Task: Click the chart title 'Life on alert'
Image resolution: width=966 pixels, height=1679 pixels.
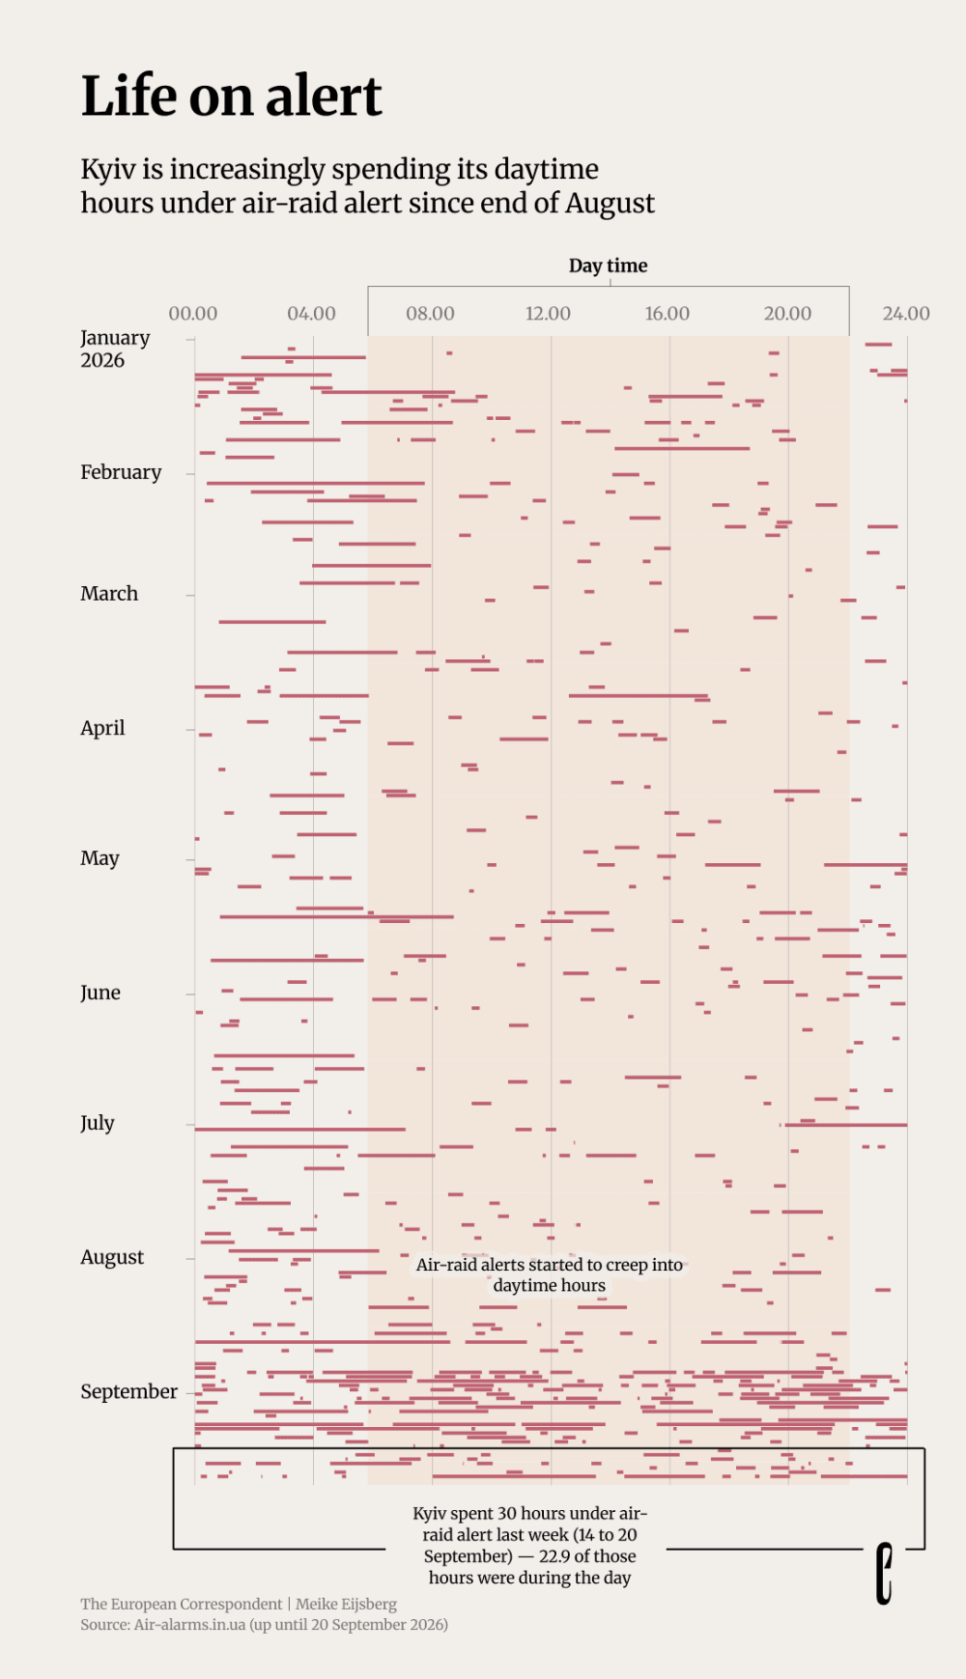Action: click(232, 96)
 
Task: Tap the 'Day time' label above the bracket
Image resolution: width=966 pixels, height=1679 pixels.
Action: click(609, 266)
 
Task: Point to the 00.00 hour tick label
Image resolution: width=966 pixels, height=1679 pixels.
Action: click(193, 314)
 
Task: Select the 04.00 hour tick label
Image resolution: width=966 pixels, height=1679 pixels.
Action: click(311, 314)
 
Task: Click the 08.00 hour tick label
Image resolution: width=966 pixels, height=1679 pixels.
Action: click(430, 314)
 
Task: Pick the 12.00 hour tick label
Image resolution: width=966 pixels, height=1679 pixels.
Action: click(548, 314)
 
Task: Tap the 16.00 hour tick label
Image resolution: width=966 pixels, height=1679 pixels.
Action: click(668, 314)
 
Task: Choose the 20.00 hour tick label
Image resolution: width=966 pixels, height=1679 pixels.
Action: click(787, 314)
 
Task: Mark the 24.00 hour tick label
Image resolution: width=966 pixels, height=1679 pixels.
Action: click(906, 314)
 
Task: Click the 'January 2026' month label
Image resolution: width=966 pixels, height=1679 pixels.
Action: click(115, 349)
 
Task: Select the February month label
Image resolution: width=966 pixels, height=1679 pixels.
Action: click(121, 472)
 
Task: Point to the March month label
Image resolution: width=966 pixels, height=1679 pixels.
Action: click(109, 594)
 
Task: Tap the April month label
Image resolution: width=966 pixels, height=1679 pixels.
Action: click(102, 728)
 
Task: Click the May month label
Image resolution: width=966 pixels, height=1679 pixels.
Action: click(99, 858)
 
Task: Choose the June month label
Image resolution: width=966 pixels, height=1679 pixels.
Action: click(100, 993)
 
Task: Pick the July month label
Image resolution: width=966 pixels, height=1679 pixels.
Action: click(98, 1123)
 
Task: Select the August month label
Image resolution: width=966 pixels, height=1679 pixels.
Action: click(112, 1257)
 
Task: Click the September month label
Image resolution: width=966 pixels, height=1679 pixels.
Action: click(128, 1391)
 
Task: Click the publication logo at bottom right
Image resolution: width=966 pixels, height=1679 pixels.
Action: click(884, 1574)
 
